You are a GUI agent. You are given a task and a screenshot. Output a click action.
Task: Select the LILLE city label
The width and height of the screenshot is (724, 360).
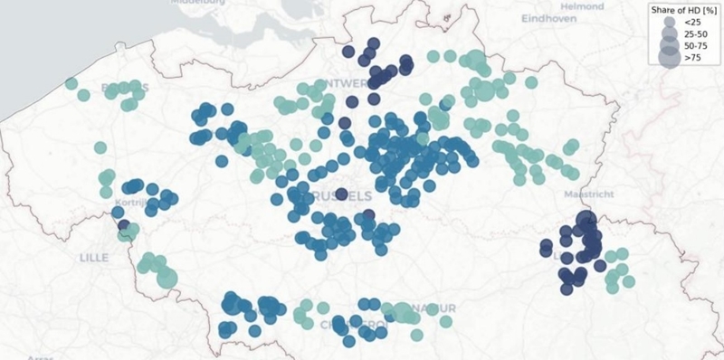(x=93, y=258)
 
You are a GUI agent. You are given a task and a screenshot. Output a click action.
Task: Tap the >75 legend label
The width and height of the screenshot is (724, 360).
(x=692, y=59)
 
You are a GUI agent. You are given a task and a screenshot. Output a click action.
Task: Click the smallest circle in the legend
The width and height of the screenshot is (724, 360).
(x=668, y=21)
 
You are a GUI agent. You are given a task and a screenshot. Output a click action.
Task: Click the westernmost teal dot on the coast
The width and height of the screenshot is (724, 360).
(x=71, y=84)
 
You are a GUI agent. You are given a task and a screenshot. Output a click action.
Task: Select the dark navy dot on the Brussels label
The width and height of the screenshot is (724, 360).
(x=341, y=194)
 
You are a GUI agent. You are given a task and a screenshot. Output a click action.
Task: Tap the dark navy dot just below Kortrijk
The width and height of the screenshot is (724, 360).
(x=124, y=225)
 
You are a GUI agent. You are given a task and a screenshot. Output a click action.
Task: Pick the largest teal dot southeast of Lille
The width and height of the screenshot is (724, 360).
(x=167, y=278)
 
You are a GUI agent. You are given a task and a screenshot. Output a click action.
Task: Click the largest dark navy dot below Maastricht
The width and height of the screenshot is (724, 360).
(x=586, y=220)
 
